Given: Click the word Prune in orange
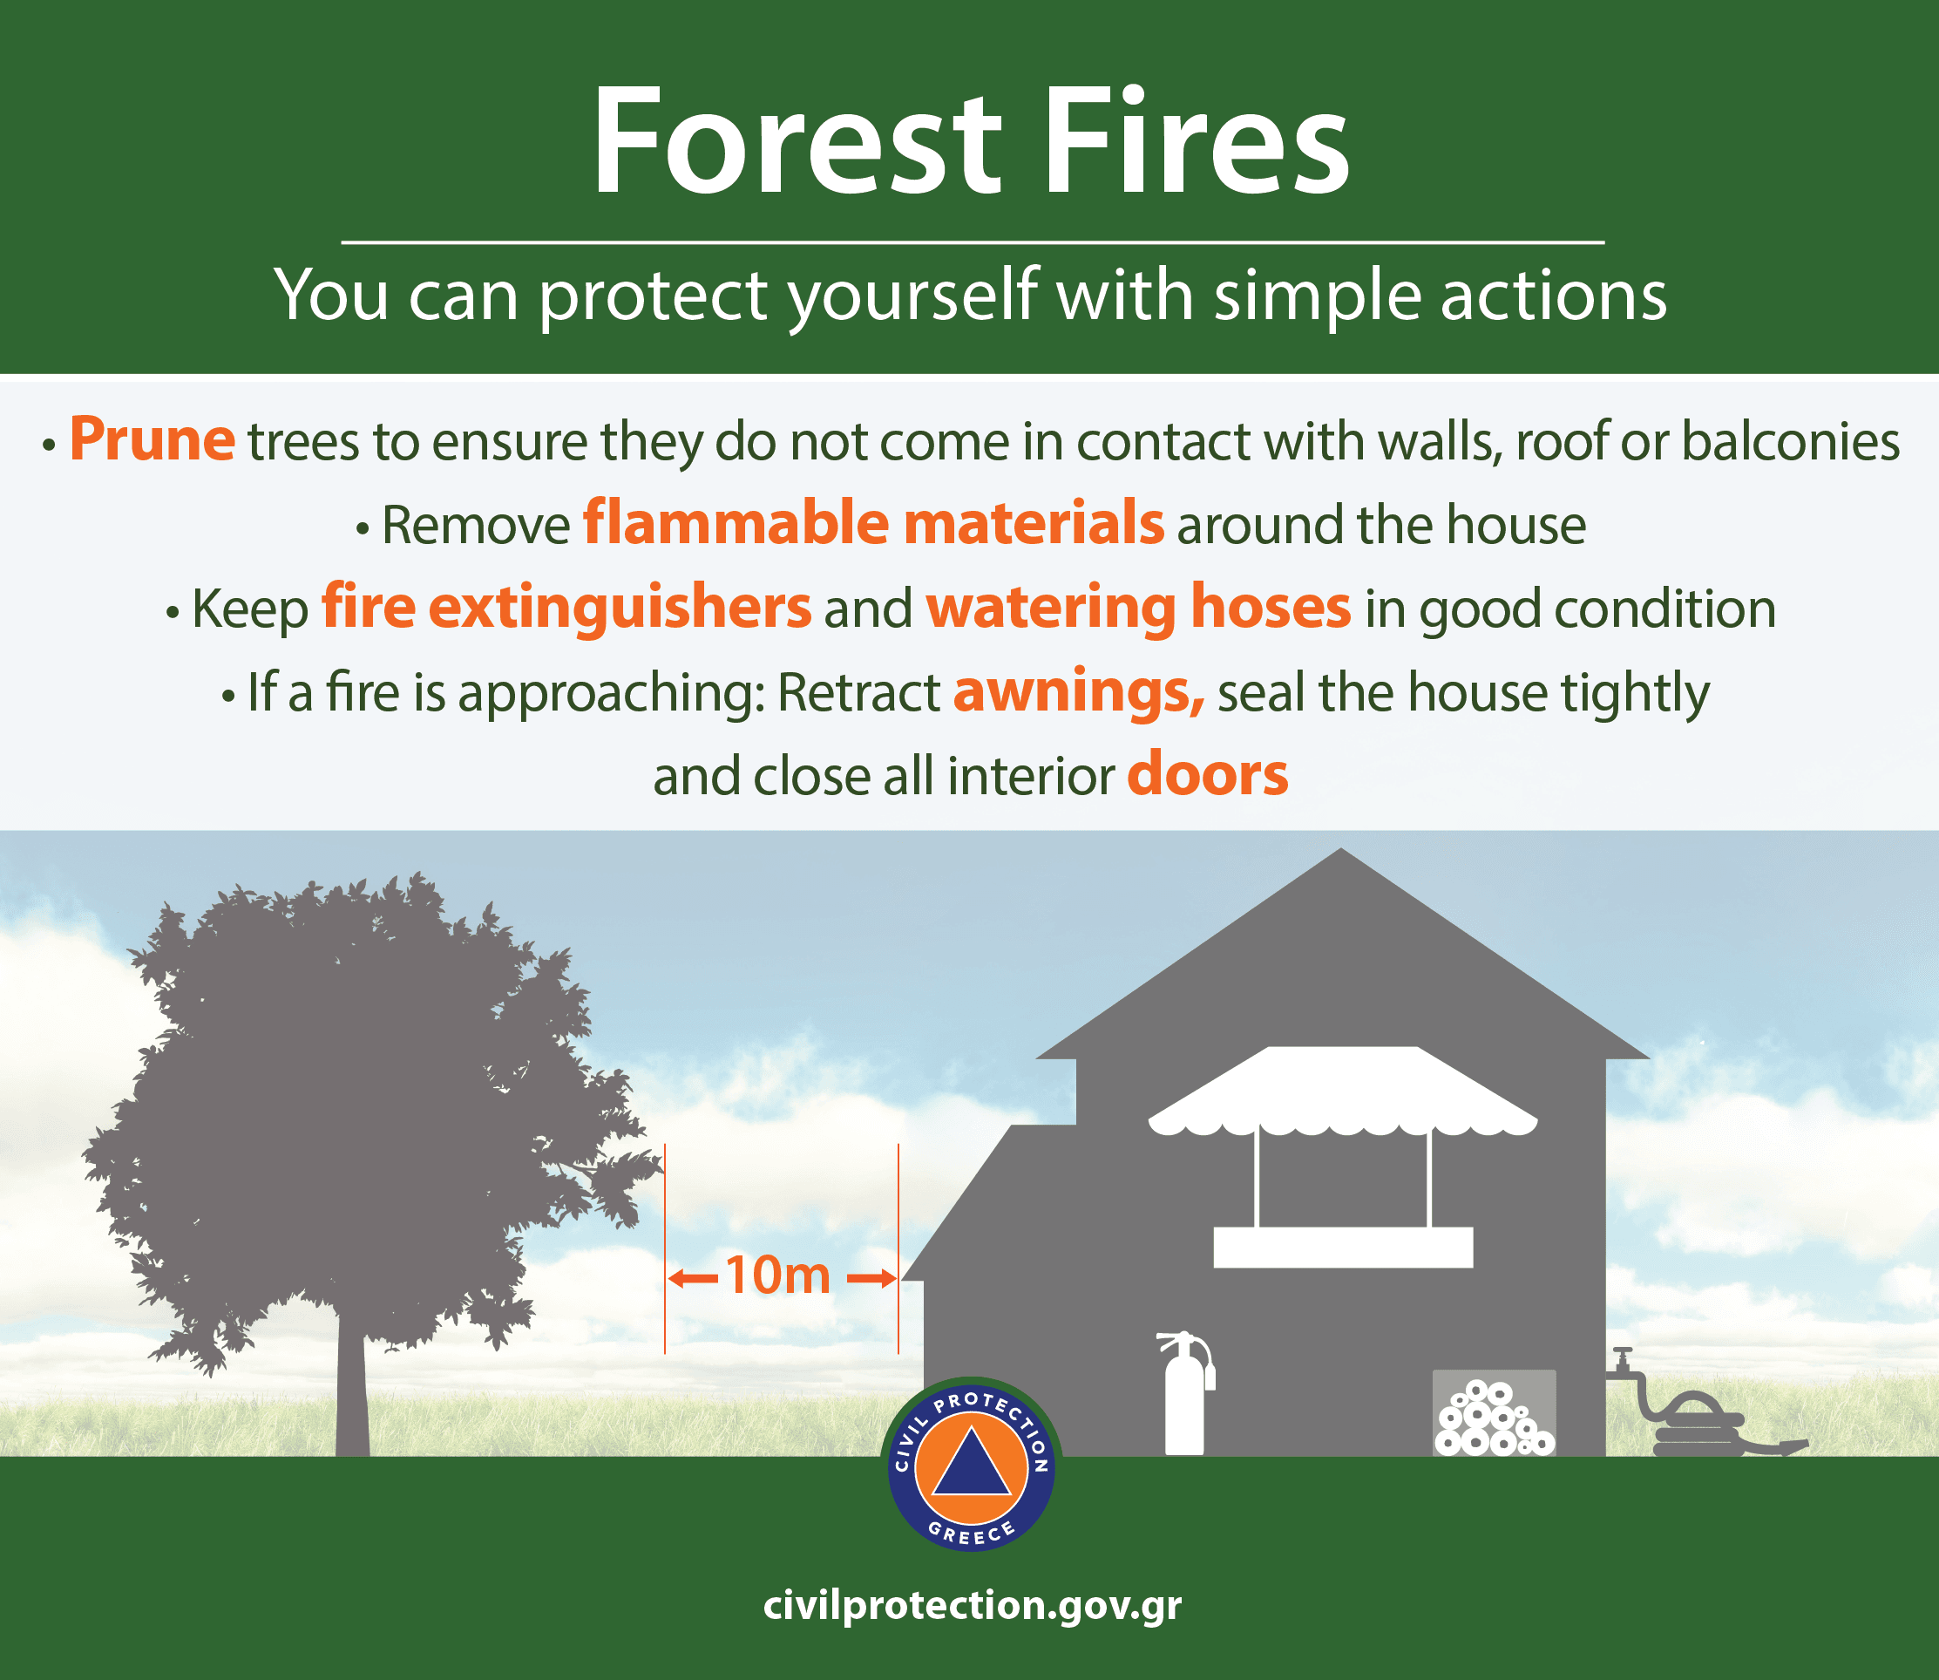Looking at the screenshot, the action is (152, 439).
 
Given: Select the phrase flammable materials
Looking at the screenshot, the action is (873, 522).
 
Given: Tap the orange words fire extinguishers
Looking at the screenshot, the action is (566, 609).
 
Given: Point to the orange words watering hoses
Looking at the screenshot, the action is (1139, 609).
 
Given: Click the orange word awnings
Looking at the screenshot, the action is (1079, 692).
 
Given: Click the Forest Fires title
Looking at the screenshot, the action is (970, 142).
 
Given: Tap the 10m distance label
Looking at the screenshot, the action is (778, 1275).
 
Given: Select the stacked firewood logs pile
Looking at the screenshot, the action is (1495, 1418).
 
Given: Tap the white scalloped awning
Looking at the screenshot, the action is (1342, 1091).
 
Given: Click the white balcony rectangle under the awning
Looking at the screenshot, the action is (1343, 1247).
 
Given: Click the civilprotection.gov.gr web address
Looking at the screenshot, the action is (972, 1604).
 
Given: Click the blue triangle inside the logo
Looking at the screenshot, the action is (971, 1463).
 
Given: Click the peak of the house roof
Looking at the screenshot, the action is (1341, 848).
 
